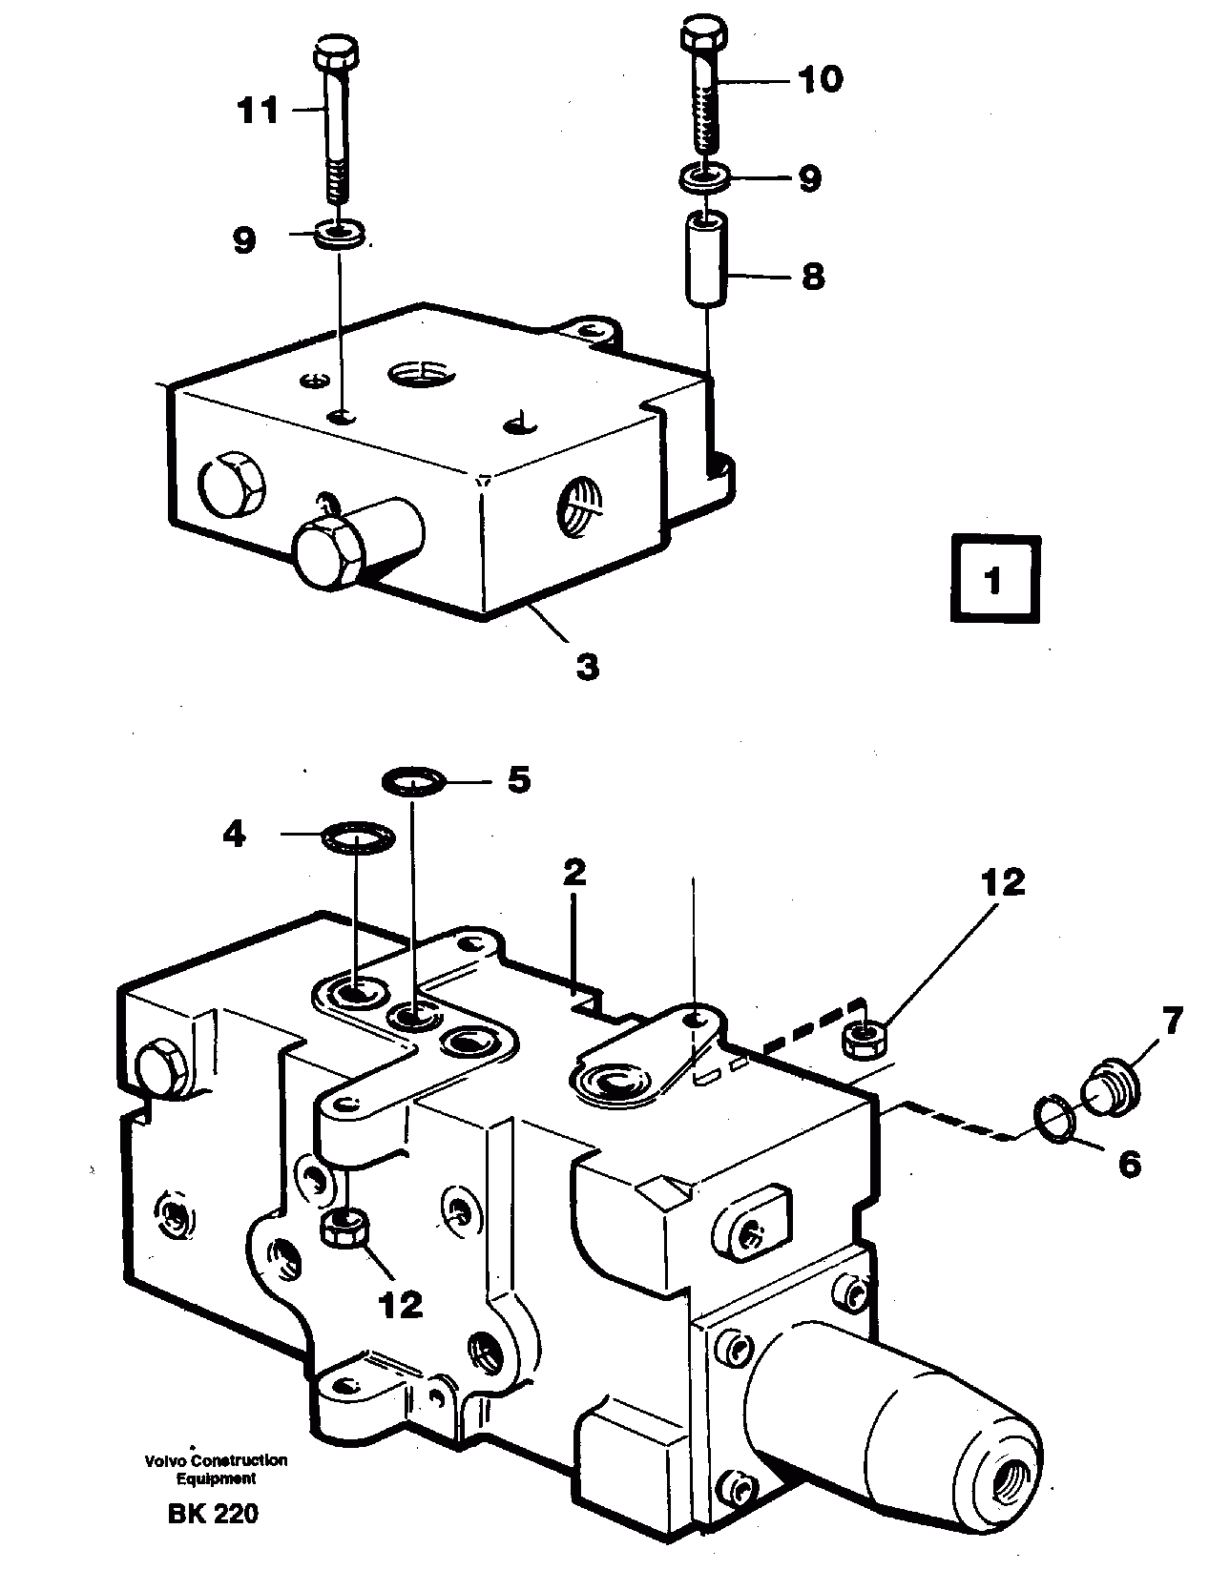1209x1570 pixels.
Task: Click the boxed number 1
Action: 994,580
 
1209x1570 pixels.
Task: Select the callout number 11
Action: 258,111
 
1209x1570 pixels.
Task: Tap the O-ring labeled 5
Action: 412,782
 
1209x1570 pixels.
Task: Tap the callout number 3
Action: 588,665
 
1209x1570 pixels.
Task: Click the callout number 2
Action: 574,873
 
